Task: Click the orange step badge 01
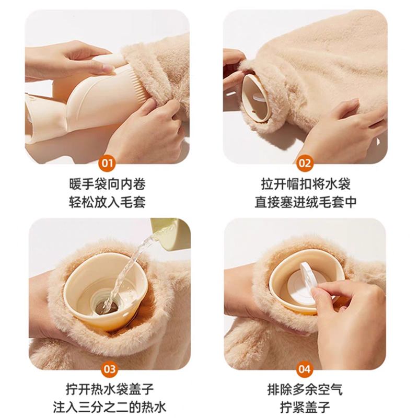click(107, 163)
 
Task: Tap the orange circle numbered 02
click(305, 163)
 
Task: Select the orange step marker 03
click(110, 369)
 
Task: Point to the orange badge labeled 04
click(305, 369)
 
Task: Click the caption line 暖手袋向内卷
click(108, 184)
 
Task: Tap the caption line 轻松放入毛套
click(108, 202)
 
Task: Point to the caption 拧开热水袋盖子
click(110, 389)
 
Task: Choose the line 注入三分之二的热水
click(110, 408)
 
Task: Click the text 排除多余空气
click(305, 389)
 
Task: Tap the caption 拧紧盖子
click(305, 408)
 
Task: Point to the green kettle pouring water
click(171, 233)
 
